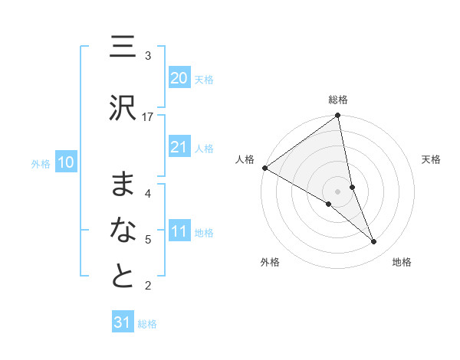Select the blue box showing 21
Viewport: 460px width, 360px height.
tap(179, 147)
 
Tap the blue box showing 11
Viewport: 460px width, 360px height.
tap(179, 231)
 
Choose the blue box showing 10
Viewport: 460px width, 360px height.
tap(66, 162)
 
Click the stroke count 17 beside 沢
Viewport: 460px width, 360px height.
tap(148, 116)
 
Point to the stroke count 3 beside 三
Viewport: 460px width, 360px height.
tap(148, 56)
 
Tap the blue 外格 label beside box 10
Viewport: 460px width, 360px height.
tap(41, 163)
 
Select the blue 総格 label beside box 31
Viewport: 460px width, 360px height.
tap(147, 324)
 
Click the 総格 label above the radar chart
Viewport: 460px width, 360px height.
tap(338, 100)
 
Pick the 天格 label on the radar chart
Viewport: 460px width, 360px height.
tap(432, 159)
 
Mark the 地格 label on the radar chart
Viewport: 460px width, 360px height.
tap(402, 262)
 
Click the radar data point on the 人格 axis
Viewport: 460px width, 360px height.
tap(264, 167)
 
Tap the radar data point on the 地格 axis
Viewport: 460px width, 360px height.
tap(374, 241)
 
